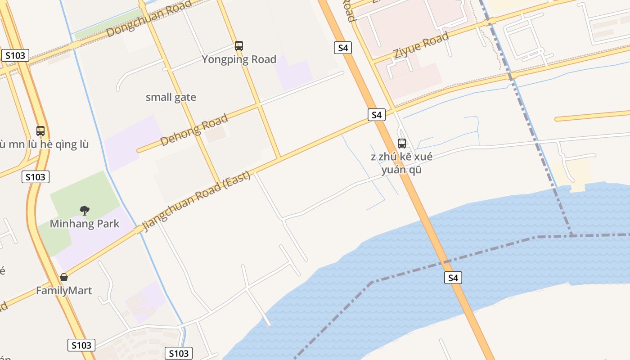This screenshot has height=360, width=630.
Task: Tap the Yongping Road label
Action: (238, 59)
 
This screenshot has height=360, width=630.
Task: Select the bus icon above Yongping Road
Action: (239, 45)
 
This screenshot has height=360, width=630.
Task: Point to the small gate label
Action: (171, 97)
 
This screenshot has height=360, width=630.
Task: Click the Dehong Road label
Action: (194, 130)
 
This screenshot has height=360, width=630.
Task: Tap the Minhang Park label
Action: (85, 224)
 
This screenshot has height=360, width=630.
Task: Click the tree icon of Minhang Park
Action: (84, 210)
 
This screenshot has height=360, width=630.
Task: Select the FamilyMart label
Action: (64, 291)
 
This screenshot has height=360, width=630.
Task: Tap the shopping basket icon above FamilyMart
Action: (64, 277)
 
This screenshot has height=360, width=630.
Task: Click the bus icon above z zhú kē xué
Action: (402, 144)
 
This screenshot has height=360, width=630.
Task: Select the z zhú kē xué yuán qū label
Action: (401, 163)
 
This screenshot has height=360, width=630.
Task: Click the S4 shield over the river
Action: (453, 278)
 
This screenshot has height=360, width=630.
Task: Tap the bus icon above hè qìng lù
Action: (40, 131)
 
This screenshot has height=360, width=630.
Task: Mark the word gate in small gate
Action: (186, 97)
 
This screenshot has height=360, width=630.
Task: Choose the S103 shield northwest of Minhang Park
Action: (35, 177)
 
